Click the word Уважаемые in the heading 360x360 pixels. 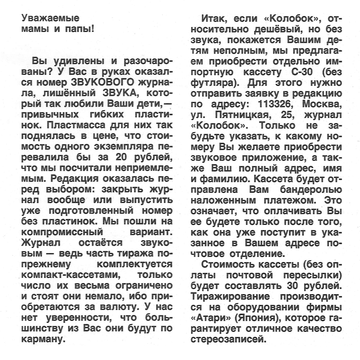51,18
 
